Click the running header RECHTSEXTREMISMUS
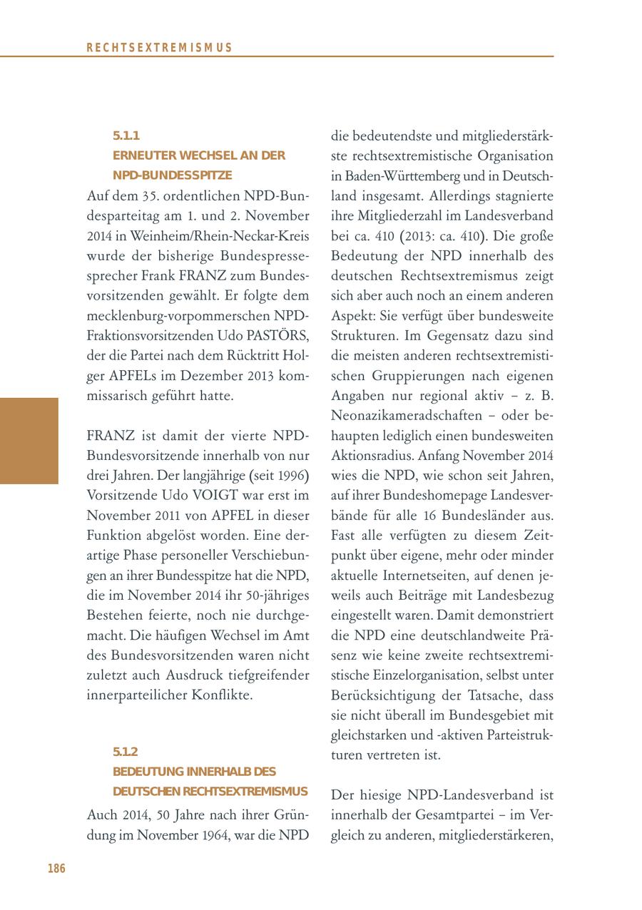tap(159, 48)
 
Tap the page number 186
tap(56, 869)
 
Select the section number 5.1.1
tap(126, 136)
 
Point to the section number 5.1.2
tap(126, 752)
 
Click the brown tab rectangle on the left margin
tap(29, 441)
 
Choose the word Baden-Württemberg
tap(402, 175)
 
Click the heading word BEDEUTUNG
tap(148, 772)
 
